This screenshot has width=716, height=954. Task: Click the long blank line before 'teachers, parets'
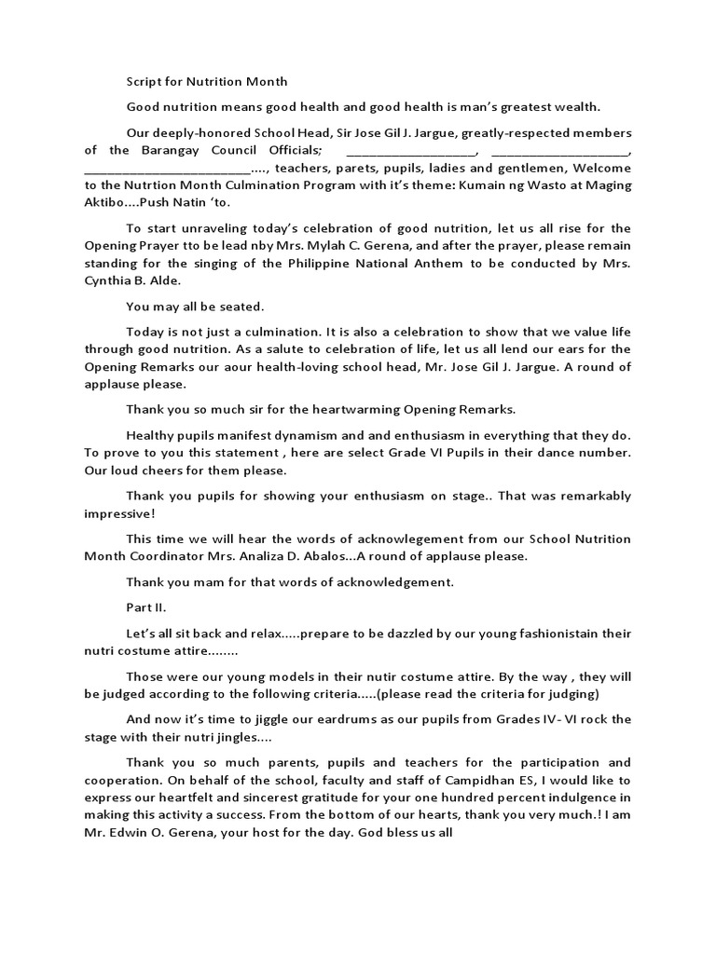[x=168, y=169]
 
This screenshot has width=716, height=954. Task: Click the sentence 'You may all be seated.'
[x=183, y=306]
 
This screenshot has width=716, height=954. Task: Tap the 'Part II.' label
[x=146, y=607]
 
